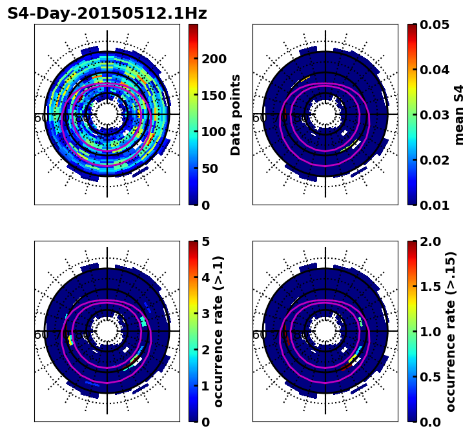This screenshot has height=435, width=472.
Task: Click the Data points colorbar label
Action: [236, 114]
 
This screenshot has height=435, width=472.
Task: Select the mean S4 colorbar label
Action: [459, 114]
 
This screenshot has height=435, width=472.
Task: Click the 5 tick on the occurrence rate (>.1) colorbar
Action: [206, 241]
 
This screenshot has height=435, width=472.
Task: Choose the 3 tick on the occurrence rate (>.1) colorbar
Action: [206, 314]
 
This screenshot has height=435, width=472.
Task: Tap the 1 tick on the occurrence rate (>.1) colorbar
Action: [206, 386]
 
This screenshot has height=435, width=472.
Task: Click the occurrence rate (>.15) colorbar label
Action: [451, 331]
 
